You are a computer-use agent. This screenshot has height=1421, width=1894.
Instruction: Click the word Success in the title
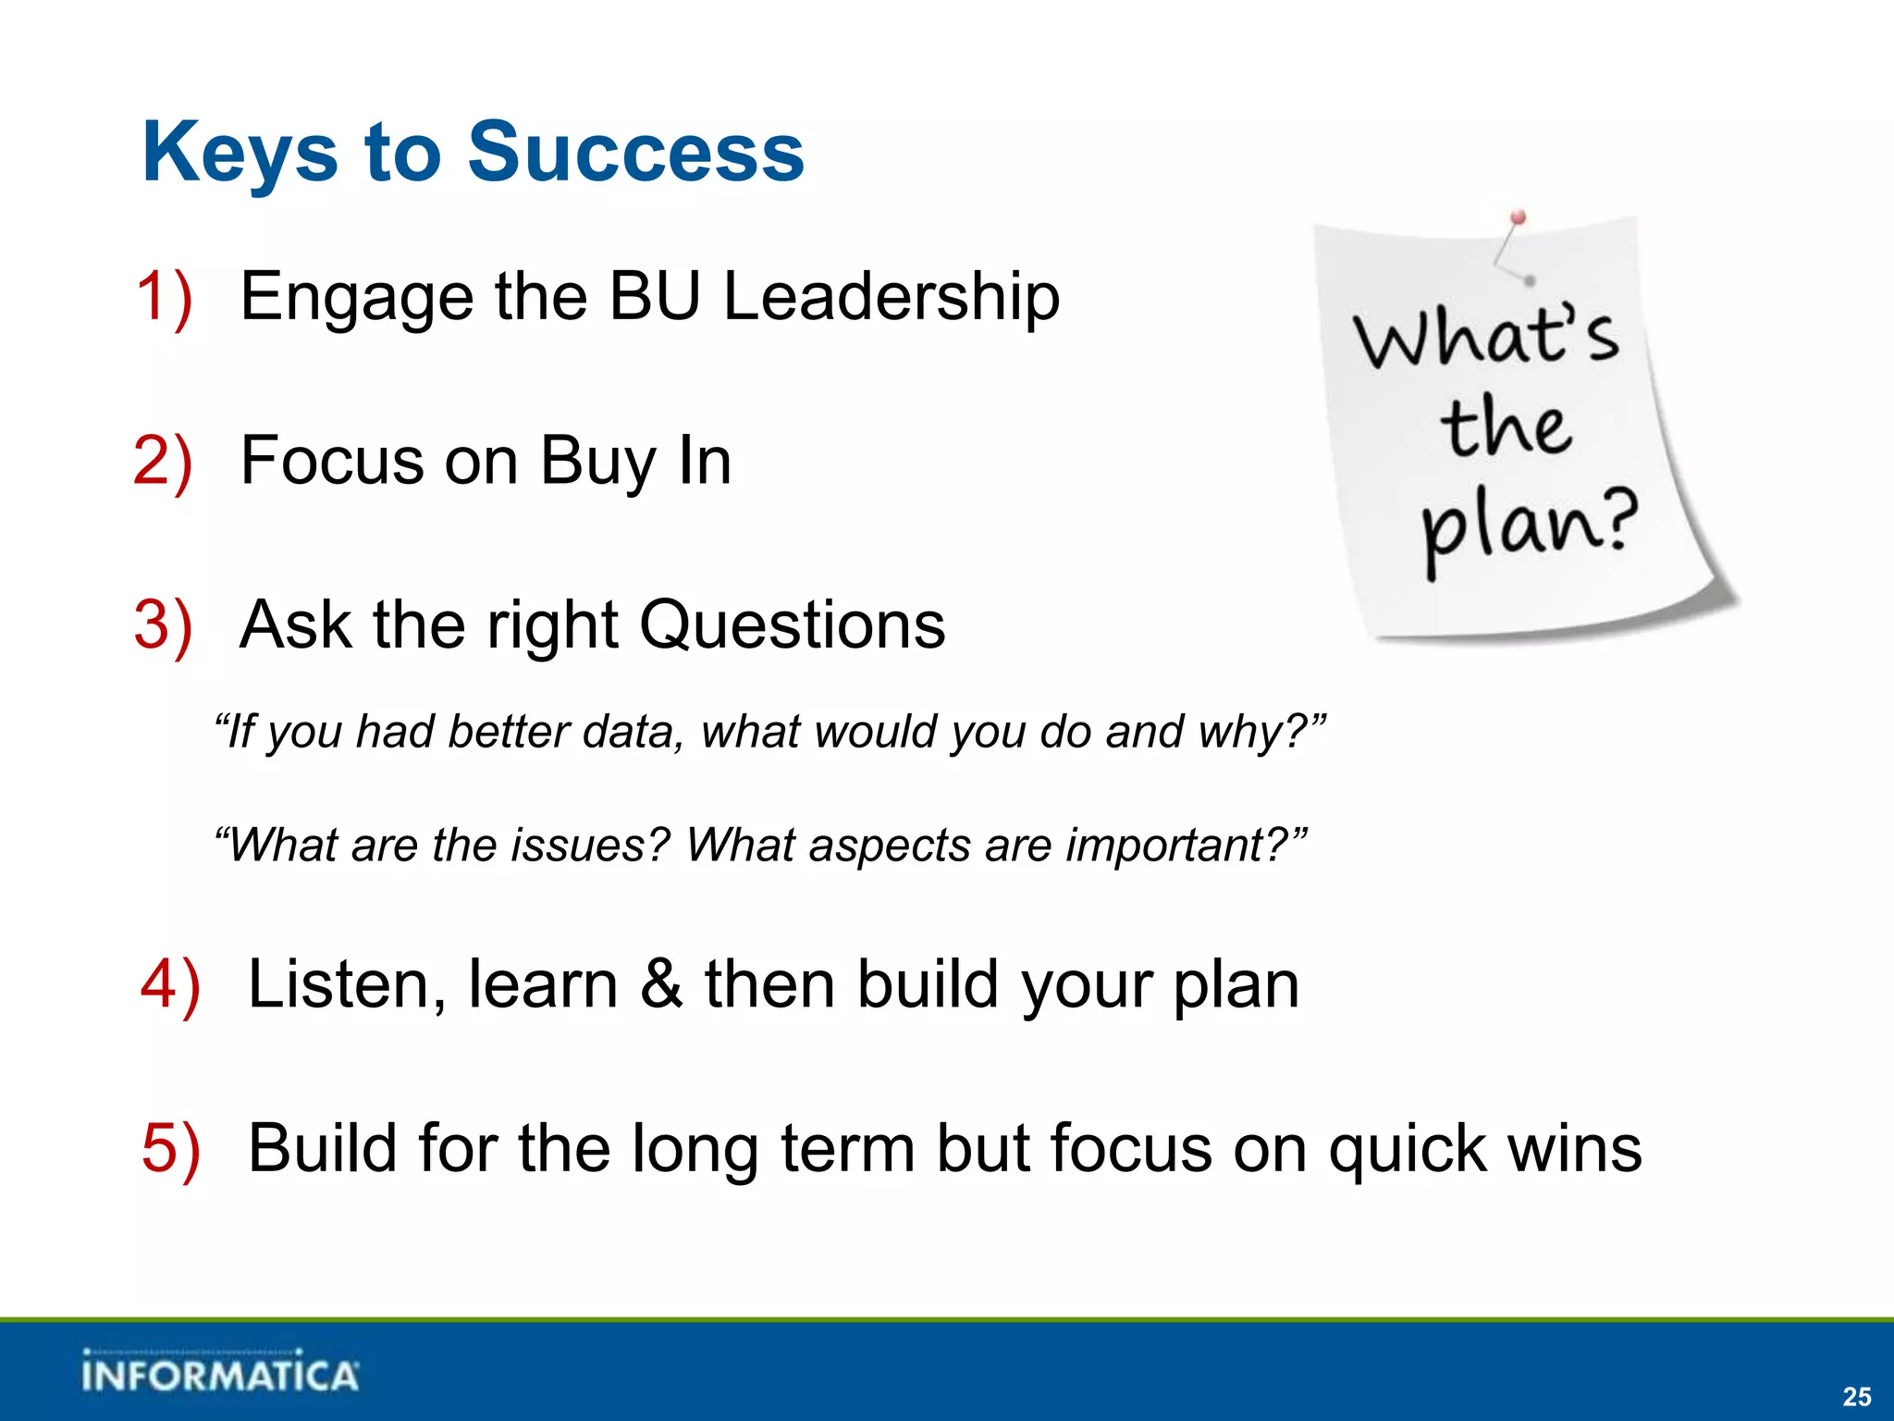tap(636, 153)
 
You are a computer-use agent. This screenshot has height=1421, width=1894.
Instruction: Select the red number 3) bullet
tap(164, 625)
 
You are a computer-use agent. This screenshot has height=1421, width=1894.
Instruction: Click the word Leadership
tap(891, 298)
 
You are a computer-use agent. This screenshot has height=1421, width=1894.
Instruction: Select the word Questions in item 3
tap(792, 626)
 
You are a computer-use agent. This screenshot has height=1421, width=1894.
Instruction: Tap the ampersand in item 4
tap(661, 983)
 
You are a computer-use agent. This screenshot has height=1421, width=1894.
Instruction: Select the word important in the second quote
tap(1177, 846)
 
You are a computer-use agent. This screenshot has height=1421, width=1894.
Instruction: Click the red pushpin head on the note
tap(1518, 218)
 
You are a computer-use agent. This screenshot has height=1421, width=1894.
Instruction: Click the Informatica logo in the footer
tap(219, 1373)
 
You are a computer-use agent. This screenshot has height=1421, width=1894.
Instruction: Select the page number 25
tap(1856, 1396)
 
